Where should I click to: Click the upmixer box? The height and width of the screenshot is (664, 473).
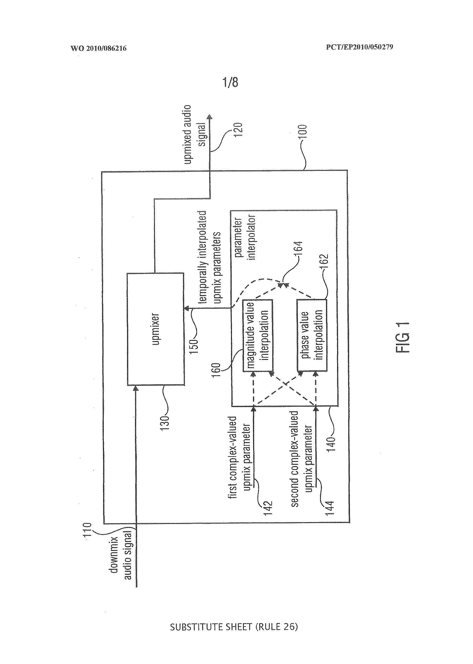coord(155,329)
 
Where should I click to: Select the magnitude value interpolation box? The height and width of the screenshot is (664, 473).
coord(258,335)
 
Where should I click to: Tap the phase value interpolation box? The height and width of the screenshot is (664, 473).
coord(312,335)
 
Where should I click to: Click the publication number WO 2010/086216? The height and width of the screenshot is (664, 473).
coord(98,48)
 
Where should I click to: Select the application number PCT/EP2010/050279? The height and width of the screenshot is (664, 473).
coord(360,47)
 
